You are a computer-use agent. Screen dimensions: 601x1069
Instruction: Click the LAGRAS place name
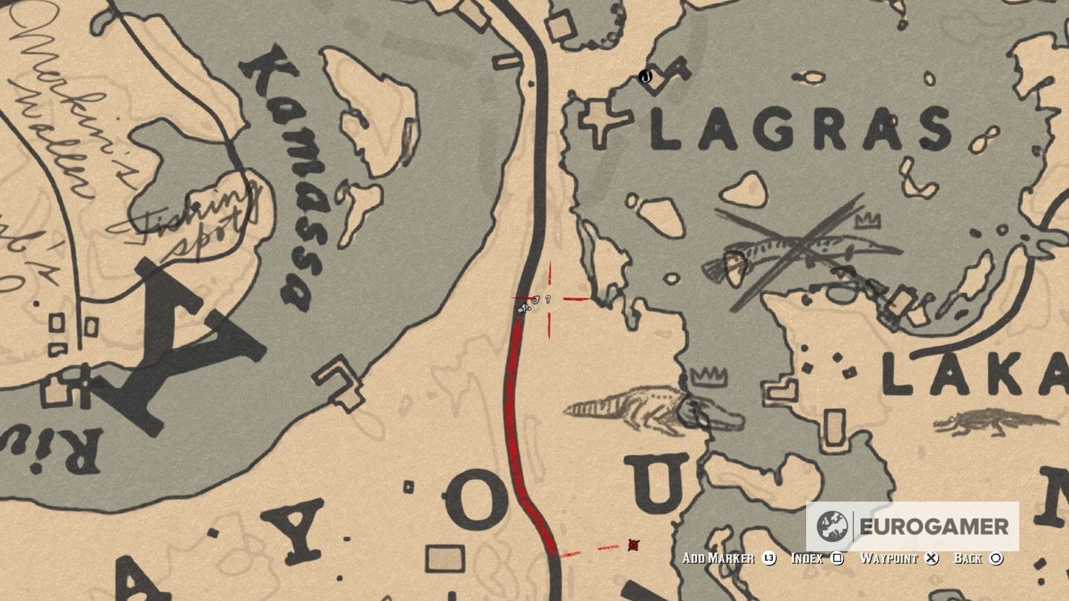[x=800, y=129]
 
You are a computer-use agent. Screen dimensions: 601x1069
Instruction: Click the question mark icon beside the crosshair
[x=548, y=299]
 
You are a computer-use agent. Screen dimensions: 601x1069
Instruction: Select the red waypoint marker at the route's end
[x=633, y=545]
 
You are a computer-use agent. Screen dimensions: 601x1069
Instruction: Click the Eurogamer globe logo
[x=831, y=527]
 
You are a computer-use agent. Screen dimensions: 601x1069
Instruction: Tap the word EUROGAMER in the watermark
[x=934, y=527]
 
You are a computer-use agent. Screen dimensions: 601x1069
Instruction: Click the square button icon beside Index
[x=837, y=559]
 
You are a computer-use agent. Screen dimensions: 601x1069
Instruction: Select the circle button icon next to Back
[x=996, y=559]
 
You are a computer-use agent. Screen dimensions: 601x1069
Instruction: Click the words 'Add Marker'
[x=717, y=559]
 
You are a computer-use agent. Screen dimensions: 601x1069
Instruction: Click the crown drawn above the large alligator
[x=708, y=376]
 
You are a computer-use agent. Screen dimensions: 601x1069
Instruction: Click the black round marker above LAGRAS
[x=645, y=76]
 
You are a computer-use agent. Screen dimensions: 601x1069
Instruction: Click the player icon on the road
[x=523, y=306]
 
